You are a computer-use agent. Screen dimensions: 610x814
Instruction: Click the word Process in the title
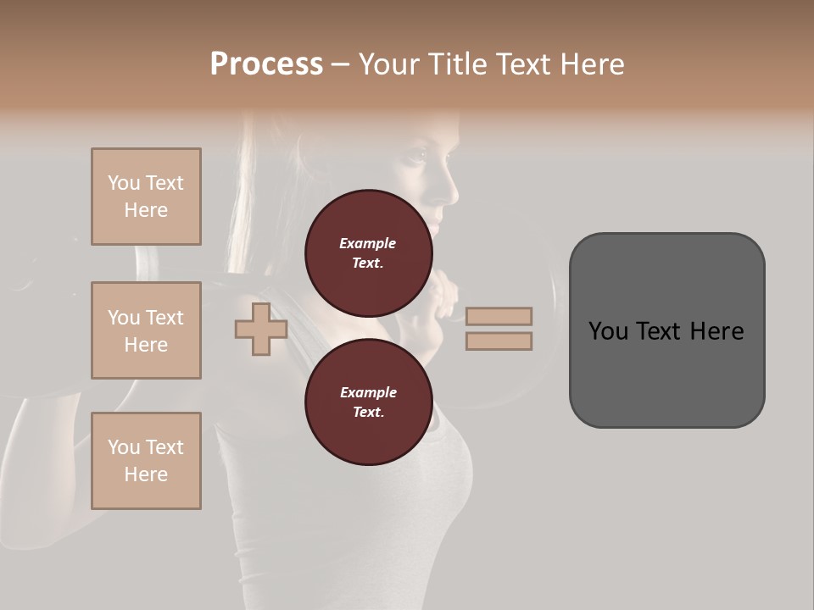coord(266,64)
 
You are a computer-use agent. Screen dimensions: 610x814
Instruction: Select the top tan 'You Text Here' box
coord(146,197)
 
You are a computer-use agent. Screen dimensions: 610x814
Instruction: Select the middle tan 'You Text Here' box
coord(146,330)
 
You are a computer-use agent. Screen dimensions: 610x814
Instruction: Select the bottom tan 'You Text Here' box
coord(146,461)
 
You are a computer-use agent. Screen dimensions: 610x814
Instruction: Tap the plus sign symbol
coord(261,330)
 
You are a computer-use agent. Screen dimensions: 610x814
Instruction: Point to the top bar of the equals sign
coord(499,316)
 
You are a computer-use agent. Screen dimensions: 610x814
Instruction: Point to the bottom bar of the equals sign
coord(499,341)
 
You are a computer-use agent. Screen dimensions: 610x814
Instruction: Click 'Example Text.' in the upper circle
coord(368,252)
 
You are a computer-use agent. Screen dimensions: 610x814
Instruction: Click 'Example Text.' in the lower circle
coord(368,402)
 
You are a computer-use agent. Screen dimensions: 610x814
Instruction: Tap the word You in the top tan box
coord(124,183)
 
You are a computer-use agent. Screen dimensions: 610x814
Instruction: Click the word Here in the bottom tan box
coord(146,474)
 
